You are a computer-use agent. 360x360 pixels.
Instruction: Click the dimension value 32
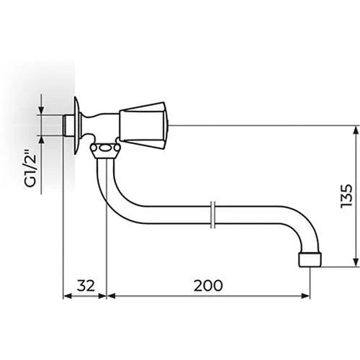point(86,285)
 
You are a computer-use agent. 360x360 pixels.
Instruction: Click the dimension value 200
point(208,285)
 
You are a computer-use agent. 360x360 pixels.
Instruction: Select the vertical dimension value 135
point(347,196)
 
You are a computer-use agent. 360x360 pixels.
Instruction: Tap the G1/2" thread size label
point(31,168)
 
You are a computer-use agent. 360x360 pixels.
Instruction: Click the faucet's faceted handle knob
point(143,126)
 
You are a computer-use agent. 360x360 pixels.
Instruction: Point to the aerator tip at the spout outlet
point(310,259)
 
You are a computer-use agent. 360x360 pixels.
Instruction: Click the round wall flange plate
point(76,126)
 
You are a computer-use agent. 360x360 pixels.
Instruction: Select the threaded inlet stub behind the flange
point(68,126)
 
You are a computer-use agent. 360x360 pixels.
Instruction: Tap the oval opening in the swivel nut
point(105,148)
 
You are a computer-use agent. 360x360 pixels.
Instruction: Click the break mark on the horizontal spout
point(212,215)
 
